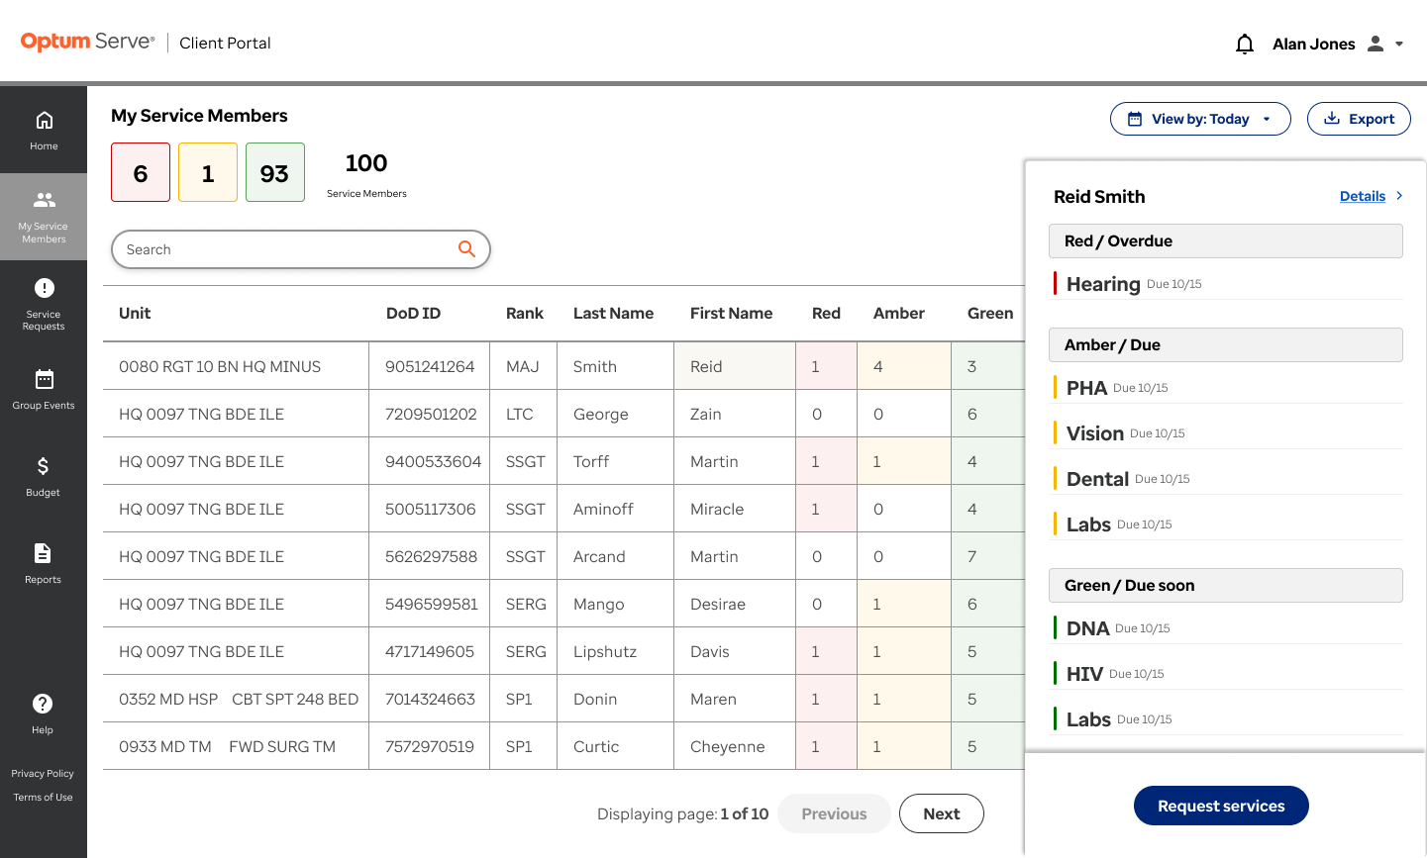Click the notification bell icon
pyautogui.click(x=1244, y=44)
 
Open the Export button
pyautogui.click(x=1359, y=119)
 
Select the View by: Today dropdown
pyautogui.click(x=1200, y=119)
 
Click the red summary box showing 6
pyautogui.click(x=141, y=172)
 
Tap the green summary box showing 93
pyautogui.click(x=275, y=172)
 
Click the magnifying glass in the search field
pyautogui.click(x=466, y=248)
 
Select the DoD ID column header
pyautogui.click(x=414, y=313)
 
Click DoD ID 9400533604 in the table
pyautogui.click(x=433, y=461)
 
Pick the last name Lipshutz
pyautogui.click(x=604, y=652)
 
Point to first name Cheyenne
pyautogui.click(x=727, y=746)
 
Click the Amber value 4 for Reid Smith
pyautogui.click(x=877, y=366)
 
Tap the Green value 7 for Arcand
pyautogui.click(x=971, y=556)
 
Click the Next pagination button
pyautogui.click(x=941, y=813)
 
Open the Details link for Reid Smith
pyautogui.click(x=1362, y=196)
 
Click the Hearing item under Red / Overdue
pyautogui.click(x=1103, y=284)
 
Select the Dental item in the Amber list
pyautogui.click(x=1097, y=479)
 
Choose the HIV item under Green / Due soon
pyautogui.click(x=1084, y=673)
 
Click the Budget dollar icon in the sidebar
pyautogui.click(x=43, y=466)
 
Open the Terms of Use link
pyautogui.click(x=43, y=797)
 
